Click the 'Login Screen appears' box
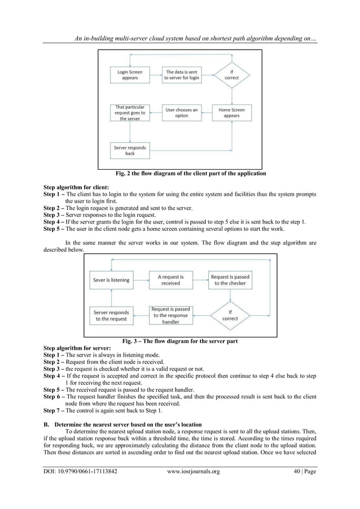(x=130, y=75)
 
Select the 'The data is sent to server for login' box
(x=182, y=75)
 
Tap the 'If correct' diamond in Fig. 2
(x=231, y=74)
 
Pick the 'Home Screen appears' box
(x=231, y=113)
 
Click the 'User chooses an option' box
(x=182, y=113)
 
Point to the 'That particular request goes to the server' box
(x=130, y=113)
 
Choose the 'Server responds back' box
(x=130, y=151)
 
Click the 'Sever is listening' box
(x=111, y=280)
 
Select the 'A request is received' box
(x=170, y=280)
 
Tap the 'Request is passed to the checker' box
(x=230, y=280)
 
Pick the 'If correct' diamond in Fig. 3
(x=230, y=315)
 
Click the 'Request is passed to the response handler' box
(x=170, y=315)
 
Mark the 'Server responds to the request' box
(x=111, y=315)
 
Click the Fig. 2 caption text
(x=179, y=173)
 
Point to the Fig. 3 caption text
(x=180, y=341)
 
